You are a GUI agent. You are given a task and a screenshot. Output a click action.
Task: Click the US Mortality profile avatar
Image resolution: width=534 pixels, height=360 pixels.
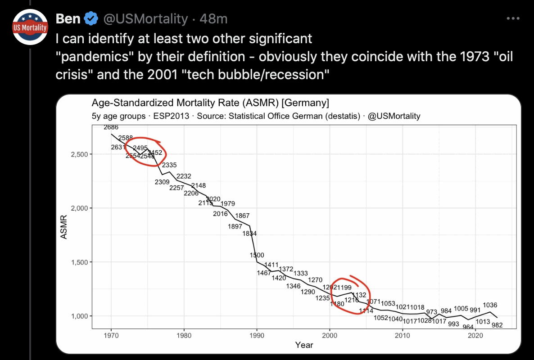(x=30, y=27)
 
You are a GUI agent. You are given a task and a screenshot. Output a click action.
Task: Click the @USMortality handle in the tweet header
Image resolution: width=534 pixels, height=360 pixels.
(x=145, y=18)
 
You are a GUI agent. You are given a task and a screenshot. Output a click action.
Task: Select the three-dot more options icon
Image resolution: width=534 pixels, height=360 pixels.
(x=513, y=18)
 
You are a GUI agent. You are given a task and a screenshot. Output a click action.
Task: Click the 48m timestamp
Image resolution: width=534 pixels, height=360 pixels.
(x=213, y=18)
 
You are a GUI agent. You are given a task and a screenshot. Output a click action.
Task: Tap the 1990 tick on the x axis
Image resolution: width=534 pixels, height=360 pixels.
(x=257, y=336)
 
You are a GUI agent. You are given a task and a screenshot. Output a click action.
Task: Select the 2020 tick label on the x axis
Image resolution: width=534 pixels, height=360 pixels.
(x=475, y=336)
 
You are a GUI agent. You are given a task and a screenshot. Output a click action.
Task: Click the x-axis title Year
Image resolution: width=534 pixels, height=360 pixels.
(x=304, y=345)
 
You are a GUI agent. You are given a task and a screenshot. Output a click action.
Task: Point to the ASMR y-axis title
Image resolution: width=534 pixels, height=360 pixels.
(x=63, y=227)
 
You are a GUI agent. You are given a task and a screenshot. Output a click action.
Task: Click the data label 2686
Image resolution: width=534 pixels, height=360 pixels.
(x=111, y=127)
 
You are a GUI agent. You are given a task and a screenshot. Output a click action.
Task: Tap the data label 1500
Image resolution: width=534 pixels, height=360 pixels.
(x=257, y=255)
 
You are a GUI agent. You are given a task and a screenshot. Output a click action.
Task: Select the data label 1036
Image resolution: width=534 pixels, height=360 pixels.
(x=490, y=305)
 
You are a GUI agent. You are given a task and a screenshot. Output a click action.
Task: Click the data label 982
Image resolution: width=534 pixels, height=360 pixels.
(x=497, y=324)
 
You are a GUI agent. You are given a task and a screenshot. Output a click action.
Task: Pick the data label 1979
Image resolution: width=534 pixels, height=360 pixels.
(x=228, y=204)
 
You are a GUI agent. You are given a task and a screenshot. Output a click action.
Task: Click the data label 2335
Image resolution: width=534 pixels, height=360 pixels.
(x=169, y=165)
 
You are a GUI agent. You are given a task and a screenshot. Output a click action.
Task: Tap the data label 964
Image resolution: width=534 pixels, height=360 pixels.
(x=468, y=327)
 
